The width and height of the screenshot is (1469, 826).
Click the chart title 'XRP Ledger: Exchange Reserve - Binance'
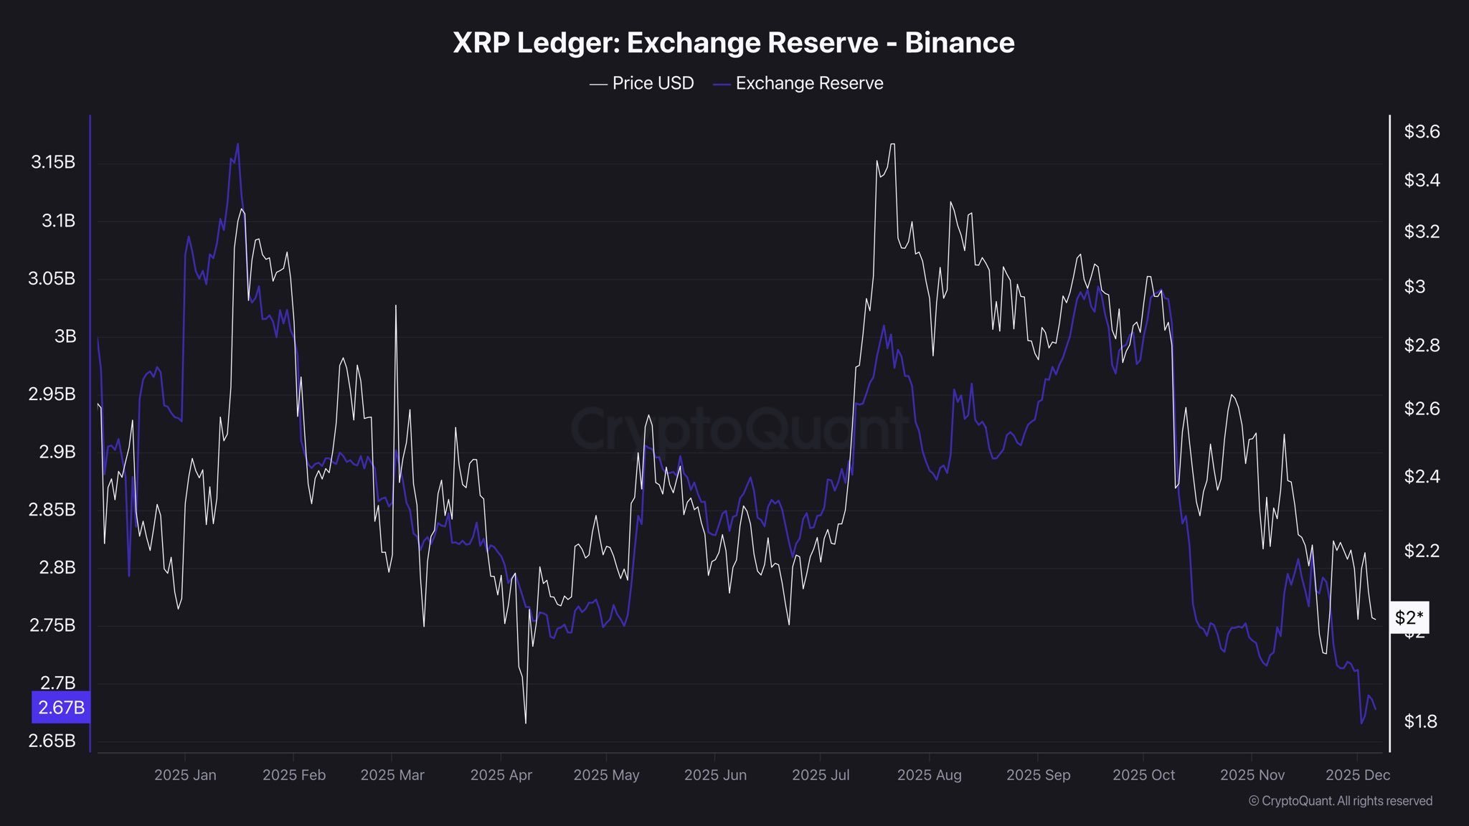(x=733, y=43)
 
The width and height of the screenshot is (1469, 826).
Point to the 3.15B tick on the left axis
(x=53, y=162)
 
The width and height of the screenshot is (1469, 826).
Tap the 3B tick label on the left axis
(x=65, y=336)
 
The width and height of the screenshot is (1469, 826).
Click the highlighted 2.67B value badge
(x=61, y=708)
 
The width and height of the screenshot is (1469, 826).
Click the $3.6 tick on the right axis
(x=1422, y=132)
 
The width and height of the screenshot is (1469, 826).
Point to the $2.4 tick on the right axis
(x=1422, y=477)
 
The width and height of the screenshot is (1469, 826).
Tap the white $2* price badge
(x=1409, y=618)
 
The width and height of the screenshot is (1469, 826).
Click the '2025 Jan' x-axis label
(x=185, y=775)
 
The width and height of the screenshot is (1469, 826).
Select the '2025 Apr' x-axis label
(x=501, y=775)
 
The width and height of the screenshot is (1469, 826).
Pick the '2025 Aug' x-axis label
(x=929, y=775)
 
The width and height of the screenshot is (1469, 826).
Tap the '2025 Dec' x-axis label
(x=1357, y=775)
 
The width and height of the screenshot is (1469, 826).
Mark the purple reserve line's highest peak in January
(x=237, y=144)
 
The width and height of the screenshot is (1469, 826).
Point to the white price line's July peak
(x=892, y=144)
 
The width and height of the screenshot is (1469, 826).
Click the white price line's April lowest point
(x=525, y=722)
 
